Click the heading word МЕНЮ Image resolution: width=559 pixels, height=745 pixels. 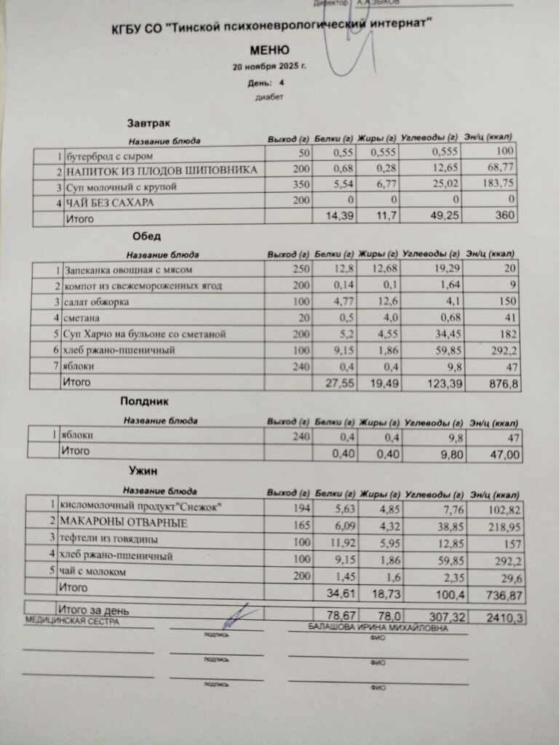pos(269,50)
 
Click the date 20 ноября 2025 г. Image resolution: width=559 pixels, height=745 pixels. pos(269,66)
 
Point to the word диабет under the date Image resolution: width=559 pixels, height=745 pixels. pos(269,97)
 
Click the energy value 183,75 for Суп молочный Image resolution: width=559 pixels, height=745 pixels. pos(499,186)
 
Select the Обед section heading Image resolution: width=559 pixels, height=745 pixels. pos(146,236)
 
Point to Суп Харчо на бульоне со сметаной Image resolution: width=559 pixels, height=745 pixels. pos(146,335)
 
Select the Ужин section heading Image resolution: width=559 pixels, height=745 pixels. pos(144,471)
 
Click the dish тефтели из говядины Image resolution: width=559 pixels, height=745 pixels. pos(110,540)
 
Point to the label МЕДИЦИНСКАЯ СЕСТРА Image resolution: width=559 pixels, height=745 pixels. pos(71,622)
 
